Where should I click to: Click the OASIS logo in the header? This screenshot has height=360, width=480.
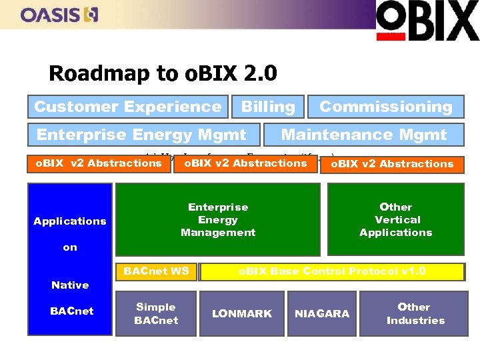point(59,14)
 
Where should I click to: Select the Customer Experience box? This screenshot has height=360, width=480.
point(127,107)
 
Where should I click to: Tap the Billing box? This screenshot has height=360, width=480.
point(268,107)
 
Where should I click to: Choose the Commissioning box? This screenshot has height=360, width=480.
point(385,107)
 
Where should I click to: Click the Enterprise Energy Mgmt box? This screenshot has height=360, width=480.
point(141,135)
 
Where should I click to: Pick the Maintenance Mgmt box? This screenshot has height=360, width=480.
point(364,135)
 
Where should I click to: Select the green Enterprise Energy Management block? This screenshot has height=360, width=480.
point(218,220)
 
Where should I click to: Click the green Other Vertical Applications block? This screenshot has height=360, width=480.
point(396,220)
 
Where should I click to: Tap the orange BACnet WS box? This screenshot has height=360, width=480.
point(156,271)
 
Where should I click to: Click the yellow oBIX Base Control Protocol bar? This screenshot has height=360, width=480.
point(332,271)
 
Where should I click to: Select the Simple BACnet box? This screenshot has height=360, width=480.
point(156,313)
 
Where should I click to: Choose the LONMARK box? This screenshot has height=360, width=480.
point(242,313)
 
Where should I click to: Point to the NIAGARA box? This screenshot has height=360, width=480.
point(322,313)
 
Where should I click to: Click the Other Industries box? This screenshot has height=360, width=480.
point(415,313)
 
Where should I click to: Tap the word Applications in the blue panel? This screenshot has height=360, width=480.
point(70,221)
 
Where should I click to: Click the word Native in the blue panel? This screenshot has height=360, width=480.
point(70,285)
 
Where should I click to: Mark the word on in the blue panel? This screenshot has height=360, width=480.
point(70,247)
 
